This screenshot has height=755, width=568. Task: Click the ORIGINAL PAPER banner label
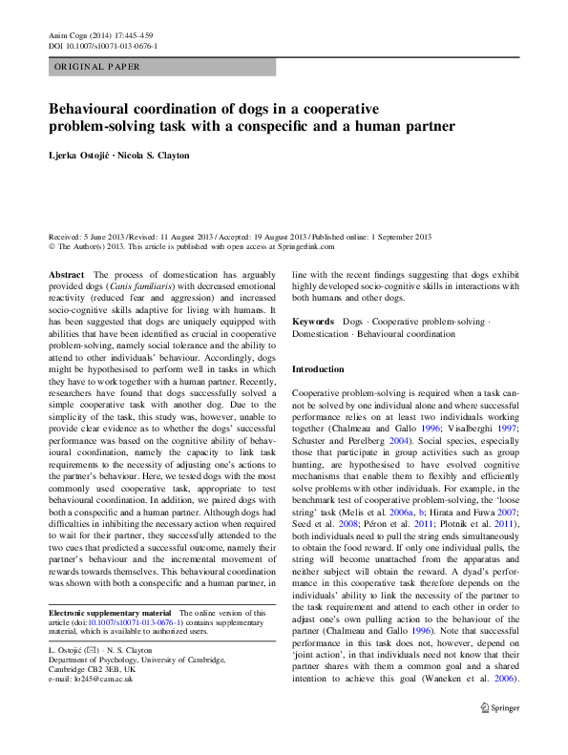(x=96, y=67)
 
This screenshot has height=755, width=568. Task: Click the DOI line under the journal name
(x=102, y=45)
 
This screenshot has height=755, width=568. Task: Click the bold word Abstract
(x=66, y=274)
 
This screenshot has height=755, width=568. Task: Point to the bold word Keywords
(x=313, y=322)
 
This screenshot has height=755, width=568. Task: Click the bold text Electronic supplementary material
(x=109, y=612)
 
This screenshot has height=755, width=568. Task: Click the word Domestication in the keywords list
(x=324, y=334)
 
